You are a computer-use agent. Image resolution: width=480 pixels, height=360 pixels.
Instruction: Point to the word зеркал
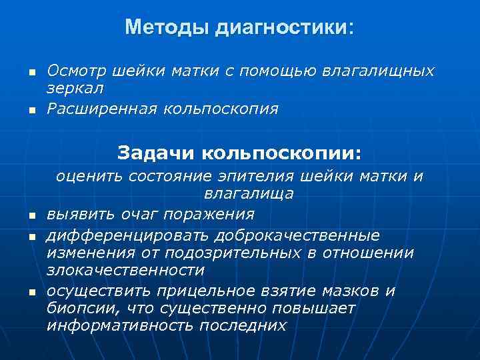click(x=75, y=87)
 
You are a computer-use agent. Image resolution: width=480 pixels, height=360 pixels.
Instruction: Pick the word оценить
click(x=91, y=177)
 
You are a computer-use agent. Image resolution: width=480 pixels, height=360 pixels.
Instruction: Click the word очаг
click(x=137, y=214)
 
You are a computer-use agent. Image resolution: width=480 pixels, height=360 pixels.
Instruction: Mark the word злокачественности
click(x=126, y=270)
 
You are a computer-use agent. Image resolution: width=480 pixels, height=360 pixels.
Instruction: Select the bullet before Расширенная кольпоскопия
click(x=31, y=109)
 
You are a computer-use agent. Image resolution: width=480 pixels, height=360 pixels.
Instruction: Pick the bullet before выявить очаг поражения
click(x=31, y=215)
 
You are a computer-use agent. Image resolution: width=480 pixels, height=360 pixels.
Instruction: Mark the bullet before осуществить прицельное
click(x=31, y=292)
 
